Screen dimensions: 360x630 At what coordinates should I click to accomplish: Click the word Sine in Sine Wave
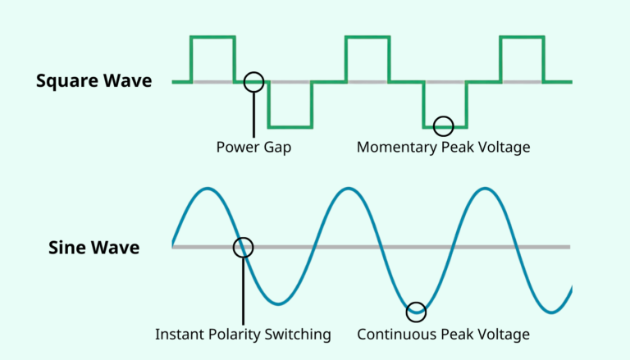pos(67,248)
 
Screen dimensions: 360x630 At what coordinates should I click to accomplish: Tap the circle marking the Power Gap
pos(253,82)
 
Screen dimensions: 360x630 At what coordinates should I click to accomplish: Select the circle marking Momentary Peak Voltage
pos(443,126)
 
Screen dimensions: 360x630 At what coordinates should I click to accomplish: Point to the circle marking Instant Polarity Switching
pos(243,247)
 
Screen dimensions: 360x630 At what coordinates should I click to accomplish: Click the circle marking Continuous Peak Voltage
pos(417,311)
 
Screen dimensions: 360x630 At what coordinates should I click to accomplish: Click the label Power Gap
pos(253,148)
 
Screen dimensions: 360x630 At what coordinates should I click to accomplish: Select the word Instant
pos(179,335)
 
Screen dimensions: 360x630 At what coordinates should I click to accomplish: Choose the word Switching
pos(298,335)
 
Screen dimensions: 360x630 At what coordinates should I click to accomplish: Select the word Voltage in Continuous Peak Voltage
pos(502,335)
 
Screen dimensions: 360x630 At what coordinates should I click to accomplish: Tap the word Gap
pos(277,148)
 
